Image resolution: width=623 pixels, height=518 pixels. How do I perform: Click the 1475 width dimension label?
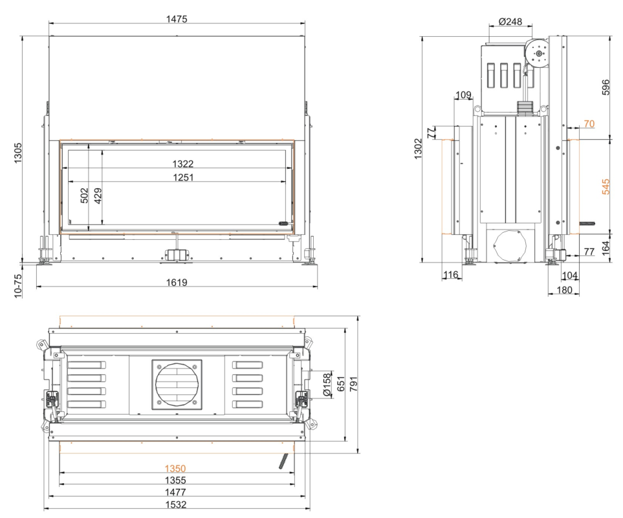(x=177, y=19)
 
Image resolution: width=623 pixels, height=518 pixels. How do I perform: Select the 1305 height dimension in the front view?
(x=18, y=153)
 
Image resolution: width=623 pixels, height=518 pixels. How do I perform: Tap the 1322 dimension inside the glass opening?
(x=183, y=164)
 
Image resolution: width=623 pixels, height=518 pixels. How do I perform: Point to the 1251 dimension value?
(x=183, y=177)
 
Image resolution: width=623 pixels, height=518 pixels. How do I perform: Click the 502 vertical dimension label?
(x=85, y=195)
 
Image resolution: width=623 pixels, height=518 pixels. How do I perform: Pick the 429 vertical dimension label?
(x=98, y=195)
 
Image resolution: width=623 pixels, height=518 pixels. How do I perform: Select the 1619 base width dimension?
(x=177, y=283)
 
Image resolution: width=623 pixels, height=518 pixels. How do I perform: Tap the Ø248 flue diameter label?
(x=510, y=21)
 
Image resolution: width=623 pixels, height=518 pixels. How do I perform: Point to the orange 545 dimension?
(x=606, y=187)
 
